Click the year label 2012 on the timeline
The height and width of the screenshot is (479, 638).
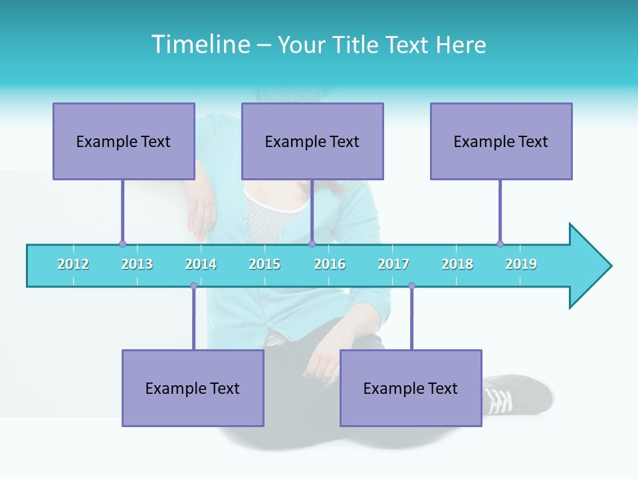pyautogui.click(x=73, y=264)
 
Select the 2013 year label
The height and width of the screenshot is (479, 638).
pyautogui.click(x=137, y=264)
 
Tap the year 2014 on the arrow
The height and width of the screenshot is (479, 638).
pyautogui.click(x=201, y=264)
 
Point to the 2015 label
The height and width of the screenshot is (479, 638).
pyautogui.click(x=265, y=264)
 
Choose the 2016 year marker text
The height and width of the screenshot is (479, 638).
pyautogui.click(x=330, y=264)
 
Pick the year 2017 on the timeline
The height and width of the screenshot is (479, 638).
pyautogui.click(x=393, y=264)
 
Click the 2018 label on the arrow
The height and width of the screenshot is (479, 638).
pyautogui.click(x=457, y=264)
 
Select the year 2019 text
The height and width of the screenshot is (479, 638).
pyautogui.click(x=521, y=264)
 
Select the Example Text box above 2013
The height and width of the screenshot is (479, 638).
pyautogui.click(x=124, y=141)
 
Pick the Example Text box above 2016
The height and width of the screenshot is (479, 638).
pyautogui.click(x=312, y=141)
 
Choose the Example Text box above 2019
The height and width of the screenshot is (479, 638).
pyautogui.click(x=501, y=141)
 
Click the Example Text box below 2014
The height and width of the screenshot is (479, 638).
pyautogui.click(x=193, y=388)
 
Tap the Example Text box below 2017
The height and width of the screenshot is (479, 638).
pyautogui.click(x=411, y=388)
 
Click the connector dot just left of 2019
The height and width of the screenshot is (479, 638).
pyautogui.click(x=500, y=243)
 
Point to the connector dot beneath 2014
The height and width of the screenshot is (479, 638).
pyautogui.click(x=193, y=286)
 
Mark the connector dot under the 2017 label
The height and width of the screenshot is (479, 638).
pyautogui.click(x=411, y=286)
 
